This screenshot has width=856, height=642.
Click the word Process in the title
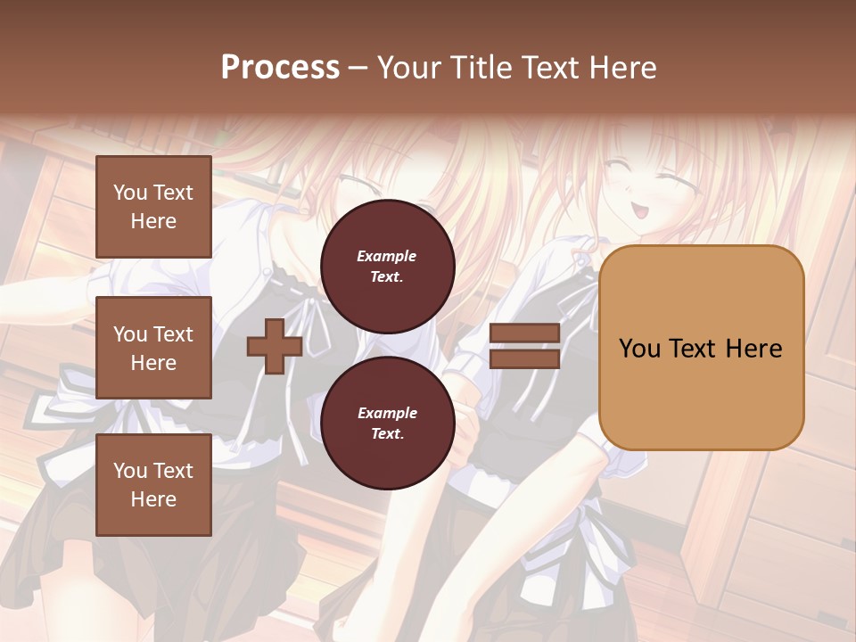tap(280, 68)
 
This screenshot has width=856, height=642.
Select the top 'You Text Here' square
tap(153, 207)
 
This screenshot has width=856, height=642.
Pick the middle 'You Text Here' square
tap(153, 348)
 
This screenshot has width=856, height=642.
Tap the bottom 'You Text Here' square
tap(153, 485)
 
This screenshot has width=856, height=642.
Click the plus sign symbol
tap(275, 346)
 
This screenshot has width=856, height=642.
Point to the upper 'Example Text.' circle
tap(388, 267)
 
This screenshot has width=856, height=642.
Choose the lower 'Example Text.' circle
tap(388, 424)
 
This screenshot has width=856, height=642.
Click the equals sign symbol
tap(525, 346)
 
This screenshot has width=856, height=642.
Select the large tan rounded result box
tap(702, 348)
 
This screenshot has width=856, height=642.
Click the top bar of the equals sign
tap(525, 333)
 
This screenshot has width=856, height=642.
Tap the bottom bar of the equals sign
tap(525, 358)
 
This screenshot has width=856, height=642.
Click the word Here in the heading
tap(624, 68)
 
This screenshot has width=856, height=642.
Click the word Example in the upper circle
tap(387, 257)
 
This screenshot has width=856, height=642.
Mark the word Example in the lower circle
tap(387, 414)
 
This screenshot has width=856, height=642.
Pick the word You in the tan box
tap(639, 349)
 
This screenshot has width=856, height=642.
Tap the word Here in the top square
tap(153, 221)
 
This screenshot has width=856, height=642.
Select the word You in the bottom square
tap(130, 471)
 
